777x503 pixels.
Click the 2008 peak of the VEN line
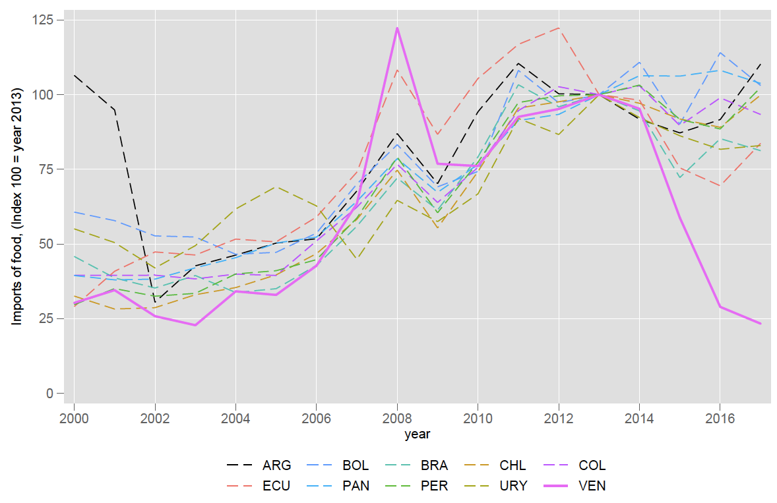[x=397, y=28]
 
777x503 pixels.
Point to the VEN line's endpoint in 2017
[x=761, y=324]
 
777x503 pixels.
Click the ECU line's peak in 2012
[x=559, y=28]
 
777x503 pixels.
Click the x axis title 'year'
[x=417, y=434]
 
